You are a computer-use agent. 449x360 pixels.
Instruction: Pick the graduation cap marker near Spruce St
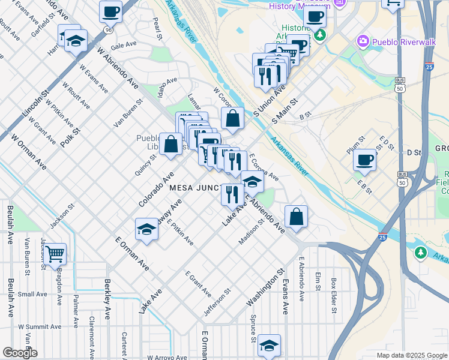(270, 346)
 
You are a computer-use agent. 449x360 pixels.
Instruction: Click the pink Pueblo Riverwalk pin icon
(363, 41)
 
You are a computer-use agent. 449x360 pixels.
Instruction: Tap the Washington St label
(264, 291)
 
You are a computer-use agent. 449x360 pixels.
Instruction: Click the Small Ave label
(32, 294)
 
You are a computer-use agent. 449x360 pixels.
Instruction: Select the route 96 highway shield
(107, 29)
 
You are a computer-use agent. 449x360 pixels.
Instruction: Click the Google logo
(20, 353)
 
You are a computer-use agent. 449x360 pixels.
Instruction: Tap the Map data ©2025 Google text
(411, 355)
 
